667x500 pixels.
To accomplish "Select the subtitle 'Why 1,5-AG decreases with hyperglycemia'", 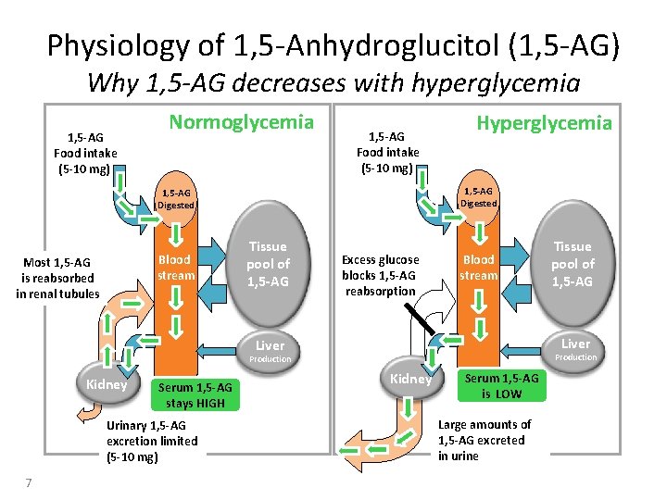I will tap(333, 83).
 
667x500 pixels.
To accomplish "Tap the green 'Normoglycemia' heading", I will tap(241, 122).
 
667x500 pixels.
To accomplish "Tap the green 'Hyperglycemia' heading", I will tap(544, 122).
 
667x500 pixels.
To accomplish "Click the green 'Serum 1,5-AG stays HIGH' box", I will tap(195, 394).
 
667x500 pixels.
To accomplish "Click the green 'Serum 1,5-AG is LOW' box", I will tap(500, 385).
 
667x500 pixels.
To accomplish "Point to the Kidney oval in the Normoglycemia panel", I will tap(107, 384).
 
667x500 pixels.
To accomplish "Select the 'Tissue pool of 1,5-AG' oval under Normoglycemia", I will tap(267, 264).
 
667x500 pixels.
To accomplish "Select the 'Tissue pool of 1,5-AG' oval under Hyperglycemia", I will tap(572, 264).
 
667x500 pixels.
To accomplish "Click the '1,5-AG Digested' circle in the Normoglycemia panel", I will tap(175, 198).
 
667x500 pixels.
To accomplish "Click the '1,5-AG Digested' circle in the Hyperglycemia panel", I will tap(479, 196).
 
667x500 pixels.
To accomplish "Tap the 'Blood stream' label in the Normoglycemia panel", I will tap(175, 268).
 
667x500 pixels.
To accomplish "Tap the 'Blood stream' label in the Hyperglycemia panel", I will tap(479, 268).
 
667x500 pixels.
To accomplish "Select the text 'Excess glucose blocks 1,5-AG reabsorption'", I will tap(380, 275).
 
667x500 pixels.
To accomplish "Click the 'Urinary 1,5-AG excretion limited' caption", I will tap(152, 441).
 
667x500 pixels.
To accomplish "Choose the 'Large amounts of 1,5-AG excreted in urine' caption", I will tap(485, 440).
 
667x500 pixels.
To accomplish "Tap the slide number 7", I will tap(30, 482).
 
